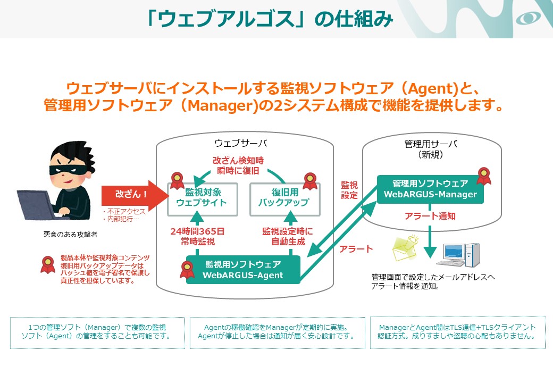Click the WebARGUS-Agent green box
tap(242, 270)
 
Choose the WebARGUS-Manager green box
tap(430, 189)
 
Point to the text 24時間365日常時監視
tap(197, 236)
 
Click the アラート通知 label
tap(430, 217)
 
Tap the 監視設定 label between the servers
tap(349, 190)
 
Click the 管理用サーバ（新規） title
tap(431, 149)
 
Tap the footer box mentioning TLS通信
tap(457, 332)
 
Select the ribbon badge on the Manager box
tap(483, 175)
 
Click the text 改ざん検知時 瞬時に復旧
tap(238, 165)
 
